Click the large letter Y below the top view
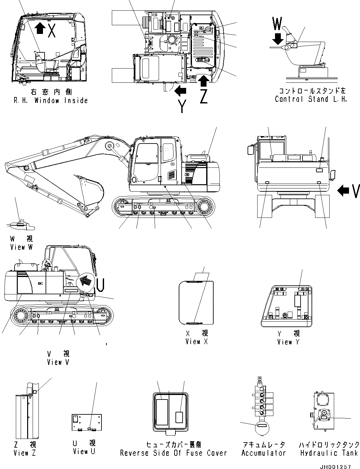[x=182, y=106]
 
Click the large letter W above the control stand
[x=277, y=24]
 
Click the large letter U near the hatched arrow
[x=100, y=284]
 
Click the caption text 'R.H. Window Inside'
[x=50, y=101]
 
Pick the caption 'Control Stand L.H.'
[x=311, y=99]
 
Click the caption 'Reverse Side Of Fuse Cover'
[x=174, y=453]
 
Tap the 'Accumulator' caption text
[x=264, y=453]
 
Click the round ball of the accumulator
[x=262, y=428]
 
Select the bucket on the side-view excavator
[x=90, y=191]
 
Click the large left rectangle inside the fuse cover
[x=162, y=412]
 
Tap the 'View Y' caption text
[x=288, y=342]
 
